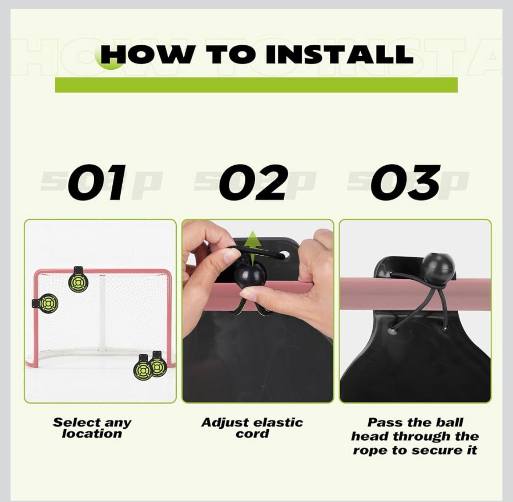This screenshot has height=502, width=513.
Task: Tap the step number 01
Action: click(x=97, y=182)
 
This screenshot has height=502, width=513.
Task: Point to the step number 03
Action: click(x=406, y=182)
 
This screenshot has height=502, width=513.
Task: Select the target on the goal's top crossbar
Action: click(x=78, y=281)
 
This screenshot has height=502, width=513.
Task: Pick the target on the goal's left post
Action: click(x=46, y=303)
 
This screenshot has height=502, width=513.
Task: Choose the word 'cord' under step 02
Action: click(x=252, y=434)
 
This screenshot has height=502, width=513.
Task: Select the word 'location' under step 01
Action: click(x=92, y=434)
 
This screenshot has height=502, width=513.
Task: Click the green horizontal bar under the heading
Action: click(x=256, y=85)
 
